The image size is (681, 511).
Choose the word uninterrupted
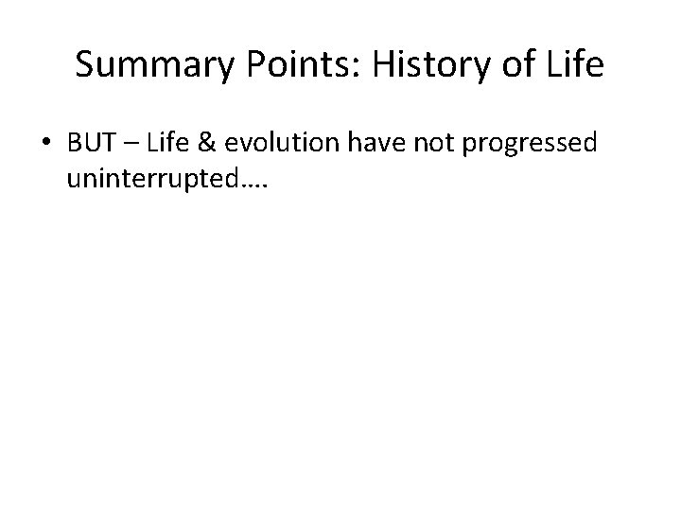point(150,178)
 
